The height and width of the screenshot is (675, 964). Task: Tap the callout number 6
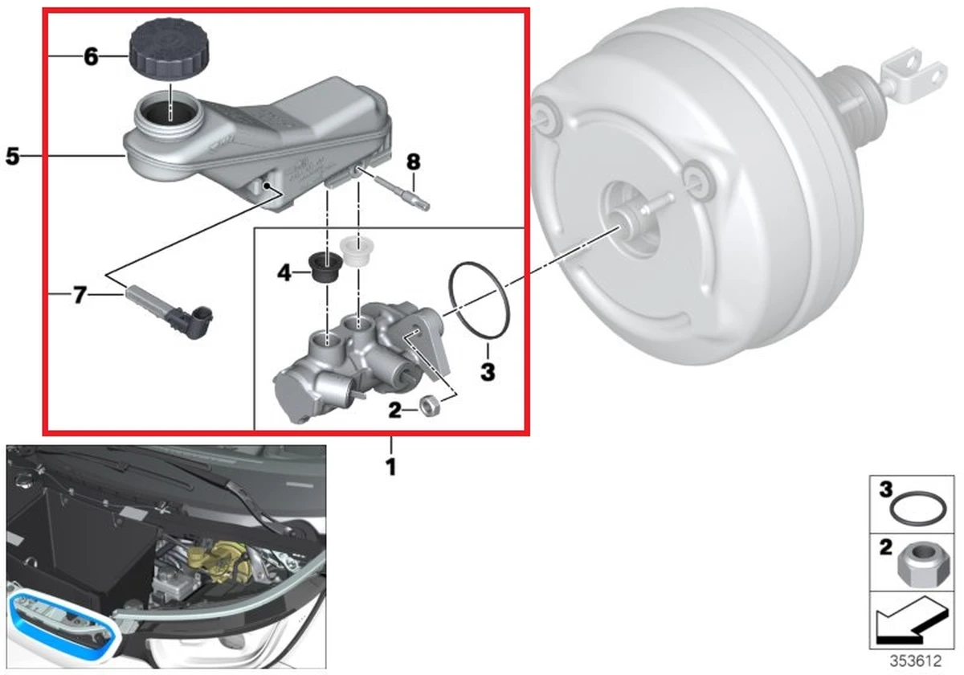click(x=91, y=56)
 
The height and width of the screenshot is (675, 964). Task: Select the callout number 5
click(x=13, y=156)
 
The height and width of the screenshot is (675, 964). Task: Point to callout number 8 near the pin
click(x=413, y=162)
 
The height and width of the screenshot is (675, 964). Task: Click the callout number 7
click(x=80, y=296)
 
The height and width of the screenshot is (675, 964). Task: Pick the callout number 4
click(x=284, y=272)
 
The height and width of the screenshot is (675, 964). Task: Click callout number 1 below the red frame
click(x=390, y=467)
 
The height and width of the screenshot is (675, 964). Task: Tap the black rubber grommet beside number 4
click(x=326, y=269)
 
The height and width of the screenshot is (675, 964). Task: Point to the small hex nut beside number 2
click(x=429, y=407)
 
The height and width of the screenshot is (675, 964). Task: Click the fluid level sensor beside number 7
click(x=170, y=312)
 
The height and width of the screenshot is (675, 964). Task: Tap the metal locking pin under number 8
click(x=393, y=190)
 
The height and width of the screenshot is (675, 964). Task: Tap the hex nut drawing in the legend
click(x=919, y=564)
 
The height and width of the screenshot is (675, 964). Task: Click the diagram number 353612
click(x=915, y=661)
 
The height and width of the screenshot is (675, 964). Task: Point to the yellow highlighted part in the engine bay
click(x=219, y=561)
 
